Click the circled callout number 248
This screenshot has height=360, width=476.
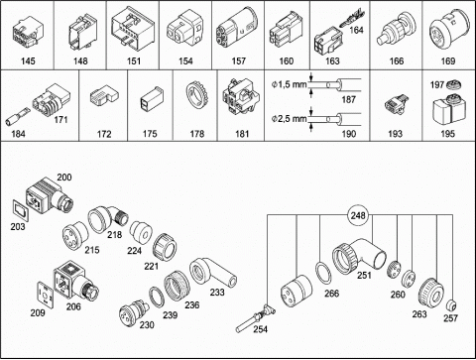tap(358, 216)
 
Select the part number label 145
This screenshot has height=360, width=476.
tap(28, 61)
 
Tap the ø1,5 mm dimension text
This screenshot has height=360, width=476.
tap(289, 85)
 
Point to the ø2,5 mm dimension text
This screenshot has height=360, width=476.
tap(289, 118)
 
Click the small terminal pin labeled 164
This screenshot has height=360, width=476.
tap(353, 20)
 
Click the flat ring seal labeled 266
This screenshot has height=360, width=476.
tap(324, 273)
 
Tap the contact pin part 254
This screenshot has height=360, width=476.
tap(255, 319)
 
